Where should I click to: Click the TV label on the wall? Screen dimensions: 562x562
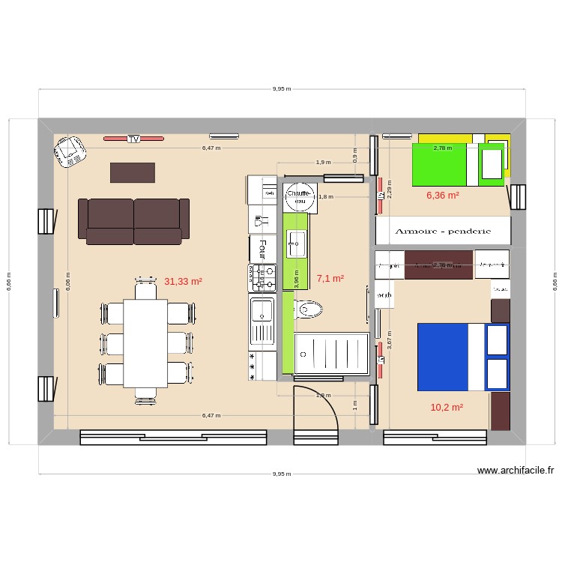133,139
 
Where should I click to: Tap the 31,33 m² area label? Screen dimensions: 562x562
184,282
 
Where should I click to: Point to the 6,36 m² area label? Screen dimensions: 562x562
443,196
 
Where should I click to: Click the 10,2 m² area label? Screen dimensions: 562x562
447,408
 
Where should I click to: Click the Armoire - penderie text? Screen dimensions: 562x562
442,232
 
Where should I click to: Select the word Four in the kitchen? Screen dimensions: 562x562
263,248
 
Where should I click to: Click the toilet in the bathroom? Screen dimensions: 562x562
308,309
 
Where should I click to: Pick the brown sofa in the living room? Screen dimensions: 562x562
135,221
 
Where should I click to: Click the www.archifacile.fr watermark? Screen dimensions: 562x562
516,471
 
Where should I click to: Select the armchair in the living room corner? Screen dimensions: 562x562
70,153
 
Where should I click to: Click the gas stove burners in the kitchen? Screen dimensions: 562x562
263,277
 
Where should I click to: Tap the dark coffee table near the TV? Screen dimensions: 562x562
133,172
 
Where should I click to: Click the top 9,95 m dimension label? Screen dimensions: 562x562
281,88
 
